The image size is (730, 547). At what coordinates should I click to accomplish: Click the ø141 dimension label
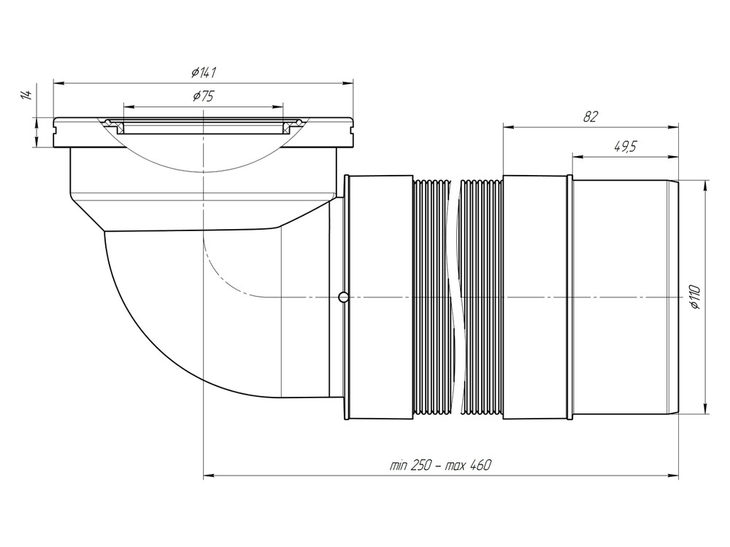tap(204, 71)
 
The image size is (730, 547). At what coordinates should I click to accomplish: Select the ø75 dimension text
tap(203, 96)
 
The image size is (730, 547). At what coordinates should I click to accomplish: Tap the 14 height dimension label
tap(26, 95)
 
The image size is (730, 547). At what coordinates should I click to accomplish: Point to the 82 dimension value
tap(591, 116)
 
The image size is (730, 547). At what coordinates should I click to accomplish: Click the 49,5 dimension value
tap(624, 146)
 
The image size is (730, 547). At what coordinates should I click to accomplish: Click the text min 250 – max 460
tap(439, 465)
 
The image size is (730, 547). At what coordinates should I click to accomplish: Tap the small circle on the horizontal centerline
tap(343, 297)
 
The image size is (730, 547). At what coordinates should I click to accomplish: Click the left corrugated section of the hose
tap(432, 297)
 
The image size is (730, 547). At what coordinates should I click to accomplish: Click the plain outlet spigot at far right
tap(624, 297)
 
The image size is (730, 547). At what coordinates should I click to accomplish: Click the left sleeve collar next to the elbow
tap(380, 297)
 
